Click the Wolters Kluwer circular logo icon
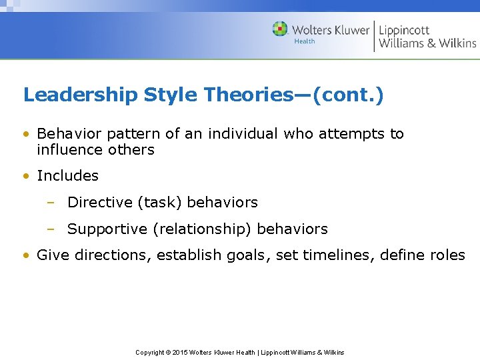[x=280, y=29]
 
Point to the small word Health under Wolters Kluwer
[x=305, y=41]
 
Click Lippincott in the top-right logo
[x=404, y=30]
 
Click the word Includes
[x=67, y=176]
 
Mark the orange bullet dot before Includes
[x=26, y=177]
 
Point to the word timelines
[x=333, y=255]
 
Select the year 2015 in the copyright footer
[x=180, y=352]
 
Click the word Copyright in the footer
[x=151, y=352]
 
